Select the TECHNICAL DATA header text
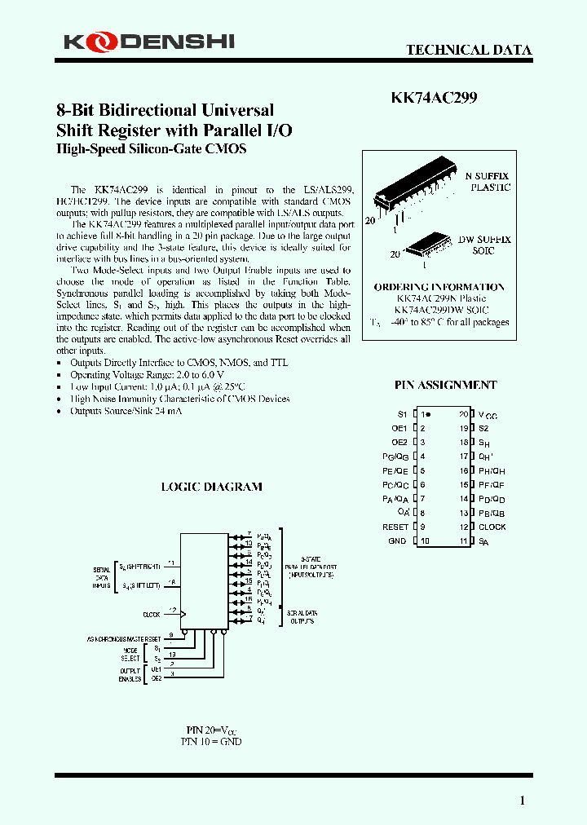pos(469,50)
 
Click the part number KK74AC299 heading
pos(434,98)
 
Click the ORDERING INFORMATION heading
pos(439,287)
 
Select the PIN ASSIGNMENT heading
pos(445,385)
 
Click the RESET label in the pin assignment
pos(395,527)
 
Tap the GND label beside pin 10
pos(397,540)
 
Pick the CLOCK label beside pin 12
pos(492,527)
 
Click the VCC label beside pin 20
pos(488,415)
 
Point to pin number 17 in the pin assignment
pos(463,457)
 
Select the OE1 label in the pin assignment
pos(399,428)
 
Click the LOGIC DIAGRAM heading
pos(211,487)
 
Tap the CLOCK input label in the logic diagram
pos(152,614)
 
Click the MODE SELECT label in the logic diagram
pos(130,652)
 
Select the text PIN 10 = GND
pos(211,742)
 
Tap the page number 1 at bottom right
pos(523,801)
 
